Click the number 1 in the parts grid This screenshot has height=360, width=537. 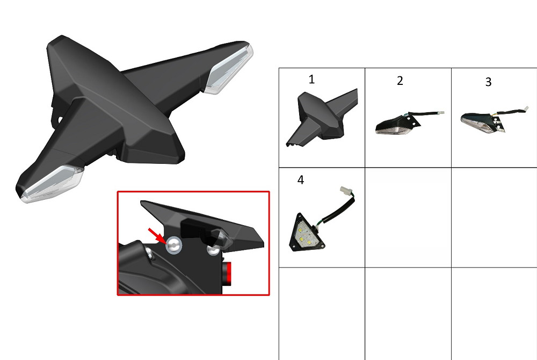[311, 80]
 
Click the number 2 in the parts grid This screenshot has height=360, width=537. [400, 81]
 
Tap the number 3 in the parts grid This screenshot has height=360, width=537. [488, 82]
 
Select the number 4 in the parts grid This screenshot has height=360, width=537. [300, 180]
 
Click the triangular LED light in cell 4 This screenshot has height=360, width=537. [307, 232]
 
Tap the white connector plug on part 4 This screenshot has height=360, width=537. [345, 191]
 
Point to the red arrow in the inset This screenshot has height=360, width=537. [157, 236]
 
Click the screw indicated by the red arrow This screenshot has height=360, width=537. [173, 246]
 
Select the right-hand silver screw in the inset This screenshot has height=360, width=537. [213, 249]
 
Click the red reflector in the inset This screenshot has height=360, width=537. [227, 273]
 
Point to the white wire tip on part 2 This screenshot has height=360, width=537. [441, 112]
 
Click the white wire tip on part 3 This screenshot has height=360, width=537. [526, 109]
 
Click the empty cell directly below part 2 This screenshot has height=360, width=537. [408, 218]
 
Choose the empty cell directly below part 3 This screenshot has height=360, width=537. [494, 218]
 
